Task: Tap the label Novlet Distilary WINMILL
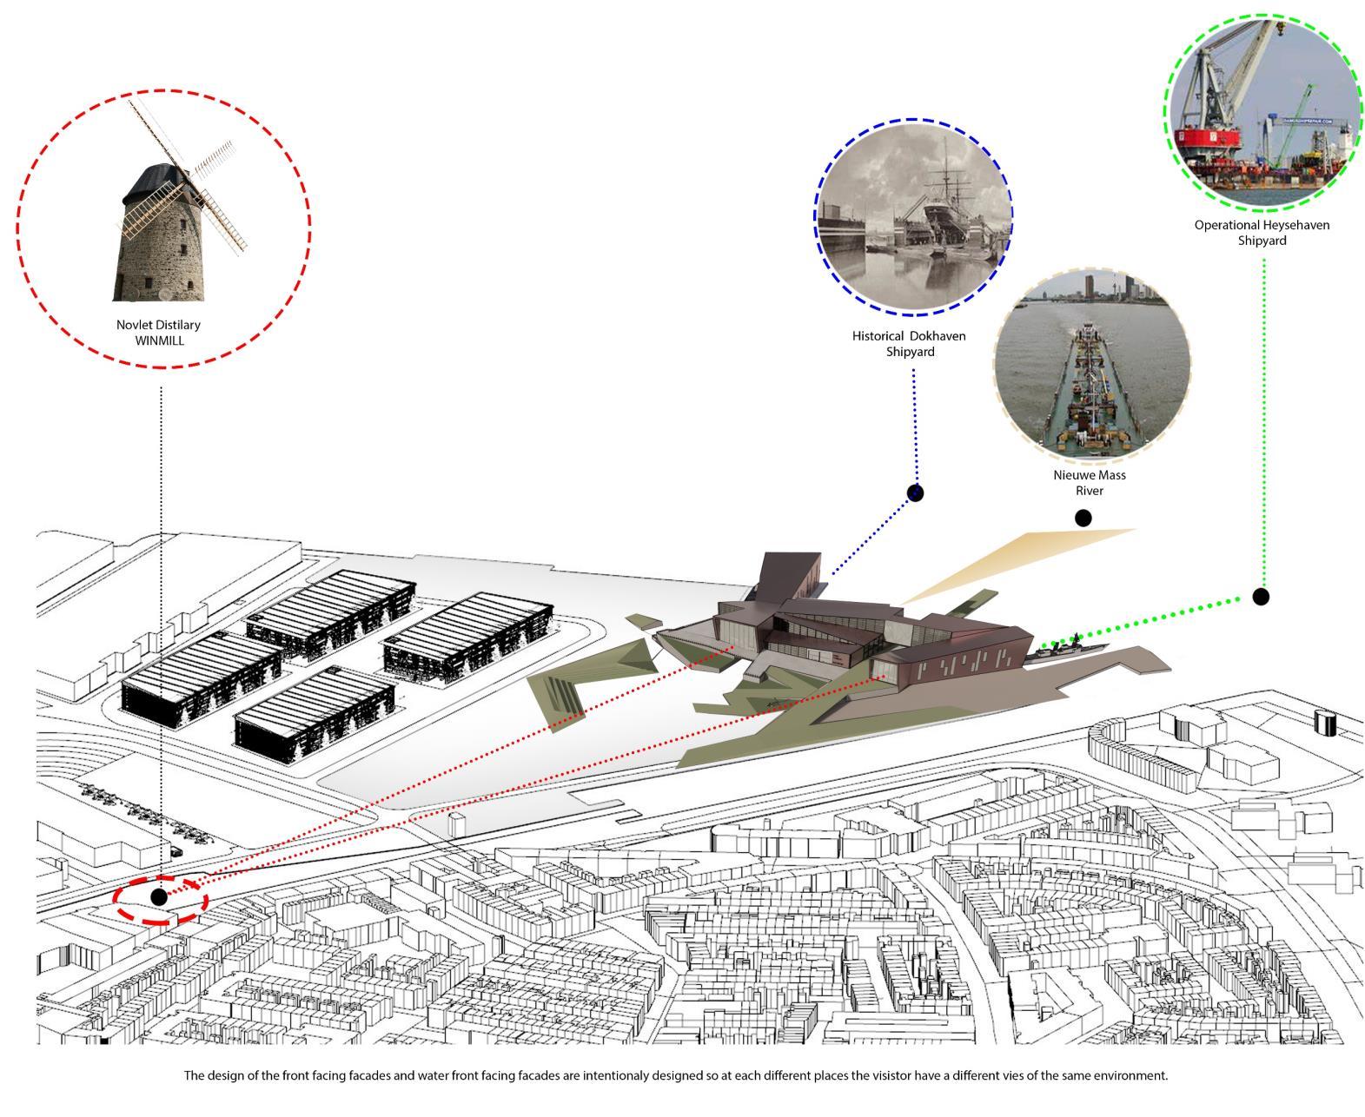pyautogui.click(x=159, y=333)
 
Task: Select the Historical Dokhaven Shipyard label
pyautogui.click(x=908, y=344)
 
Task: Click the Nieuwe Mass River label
pyautogui.click(x=1089, y=483)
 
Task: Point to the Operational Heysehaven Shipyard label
pyautogui.click(x=1262, y=233)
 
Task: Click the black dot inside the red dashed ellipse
pyautogui.click(x=158, y=896)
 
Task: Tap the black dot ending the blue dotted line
pyautogui.click(x=915, y=493)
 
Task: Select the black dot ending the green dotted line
pyautogui.click(x=1261, y=597)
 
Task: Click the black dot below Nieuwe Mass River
pyautogui.click(x=1083, y=519)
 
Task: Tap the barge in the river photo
pyautogui.click(x=1086, y=391)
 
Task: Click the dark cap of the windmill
pyautogui.click(x=153, y=182)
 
